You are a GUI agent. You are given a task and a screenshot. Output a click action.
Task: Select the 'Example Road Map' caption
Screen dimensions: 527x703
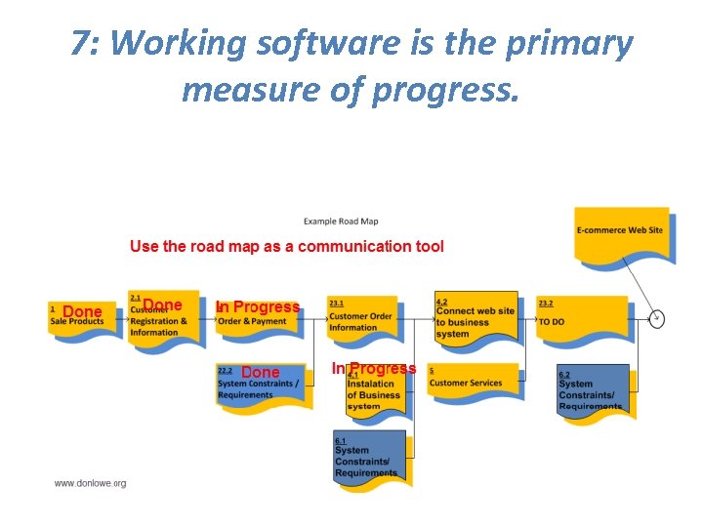341,222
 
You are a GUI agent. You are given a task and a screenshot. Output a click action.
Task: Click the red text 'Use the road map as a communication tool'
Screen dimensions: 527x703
286,246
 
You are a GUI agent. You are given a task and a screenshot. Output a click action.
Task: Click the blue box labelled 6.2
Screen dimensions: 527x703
593,391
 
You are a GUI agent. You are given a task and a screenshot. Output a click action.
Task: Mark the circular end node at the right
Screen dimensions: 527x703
657,318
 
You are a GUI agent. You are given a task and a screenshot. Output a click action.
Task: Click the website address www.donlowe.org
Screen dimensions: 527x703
90,483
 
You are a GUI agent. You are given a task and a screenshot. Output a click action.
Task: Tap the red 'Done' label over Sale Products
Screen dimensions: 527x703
82,312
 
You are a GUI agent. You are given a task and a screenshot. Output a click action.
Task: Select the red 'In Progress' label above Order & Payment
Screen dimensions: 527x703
258,306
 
